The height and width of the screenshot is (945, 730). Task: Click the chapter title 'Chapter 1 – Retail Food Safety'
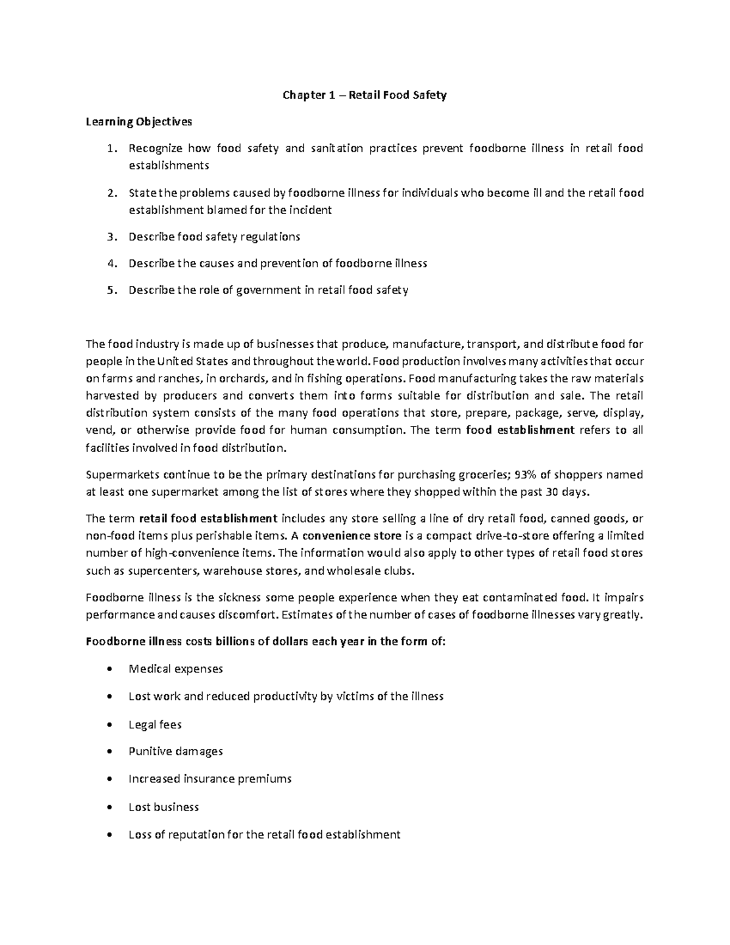click(x=364, y=95)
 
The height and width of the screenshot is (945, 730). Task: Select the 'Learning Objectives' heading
click(x=139, y=122)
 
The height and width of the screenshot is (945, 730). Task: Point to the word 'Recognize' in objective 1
click(x=155, y=148)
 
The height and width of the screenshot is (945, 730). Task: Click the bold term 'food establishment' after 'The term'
click(x=520, y=430)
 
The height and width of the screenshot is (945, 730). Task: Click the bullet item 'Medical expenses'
click(x=176, y=669)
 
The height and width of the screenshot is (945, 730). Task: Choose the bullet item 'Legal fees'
click(x=155, y=725)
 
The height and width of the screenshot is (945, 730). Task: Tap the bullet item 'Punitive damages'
click(x=176, y=751)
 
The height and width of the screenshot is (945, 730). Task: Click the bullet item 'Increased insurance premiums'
click(x=210, y=778)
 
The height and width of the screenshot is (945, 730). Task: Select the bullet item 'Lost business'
click(x=164, y=807)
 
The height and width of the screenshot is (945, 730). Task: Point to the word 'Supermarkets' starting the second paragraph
click(x=119, y=474)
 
